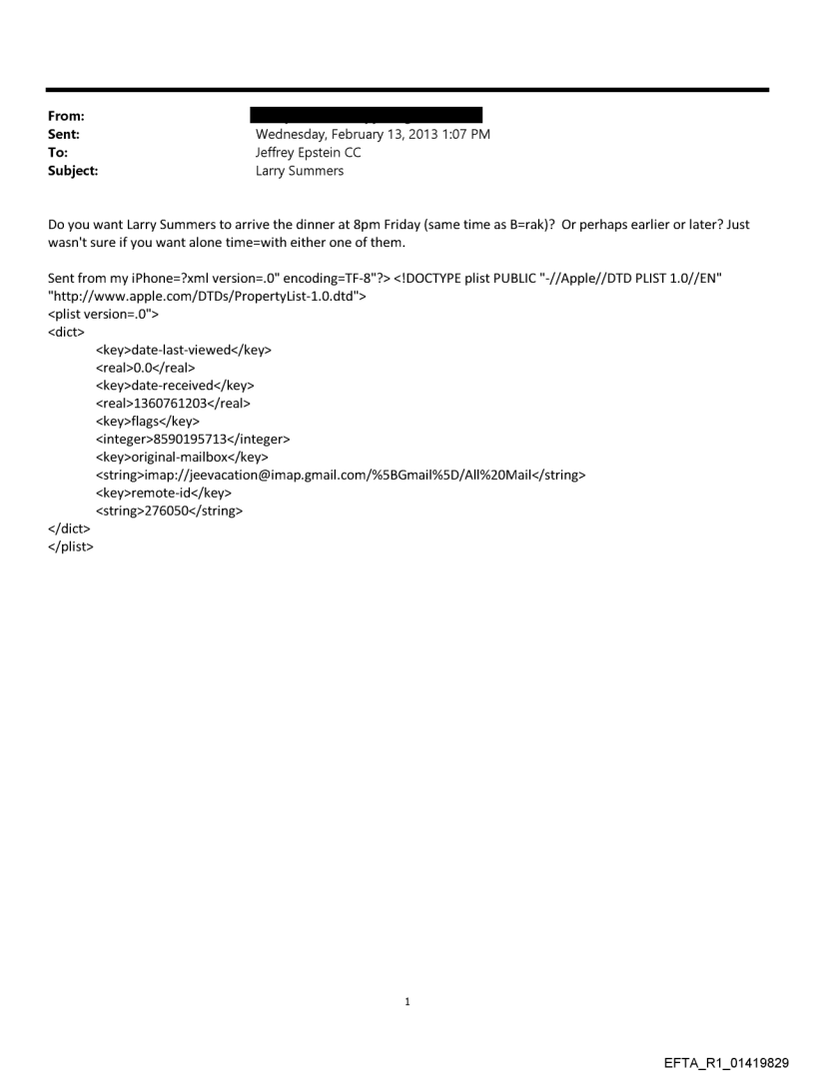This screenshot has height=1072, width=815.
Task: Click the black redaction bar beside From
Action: point(369,116)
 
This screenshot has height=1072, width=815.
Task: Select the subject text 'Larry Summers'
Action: point(300,171)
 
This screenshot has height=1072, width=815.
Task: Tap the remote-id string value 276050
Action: point(170,511)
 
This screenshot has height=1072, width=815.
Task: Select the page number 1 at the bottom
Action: point(407,1002)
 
